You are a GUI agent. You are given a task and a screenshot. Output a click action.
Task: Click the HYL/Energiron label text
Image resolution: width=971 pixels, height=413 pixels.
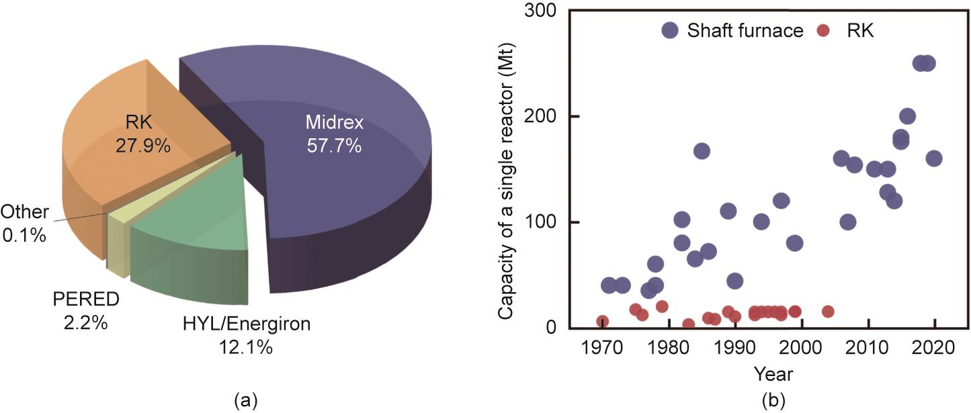[247, 325]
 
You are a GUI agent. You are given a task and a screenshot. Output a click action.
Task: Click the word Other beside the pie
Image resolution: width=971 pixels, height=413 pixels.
[25, 212]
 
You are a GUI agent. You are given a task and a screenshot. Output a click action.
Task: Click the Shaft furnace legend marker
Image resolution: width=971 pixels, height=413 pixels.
[670, 31]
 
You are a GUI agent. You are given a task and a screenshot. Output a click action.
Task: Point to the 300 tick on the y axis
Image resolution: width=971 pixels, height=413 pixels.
[546, 11]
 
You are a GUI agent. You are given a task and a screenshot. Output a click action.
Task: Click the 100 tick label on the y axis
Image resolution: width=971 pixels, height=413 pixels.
[546, 222]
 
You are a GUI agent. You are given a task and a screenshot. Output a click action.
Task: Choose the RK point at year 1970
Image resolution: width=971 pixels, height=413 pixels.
[602, 322]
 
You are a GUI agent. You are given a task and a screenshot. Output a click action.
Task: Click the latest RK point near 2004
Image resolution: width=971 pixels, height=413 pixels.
[828, 312]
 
